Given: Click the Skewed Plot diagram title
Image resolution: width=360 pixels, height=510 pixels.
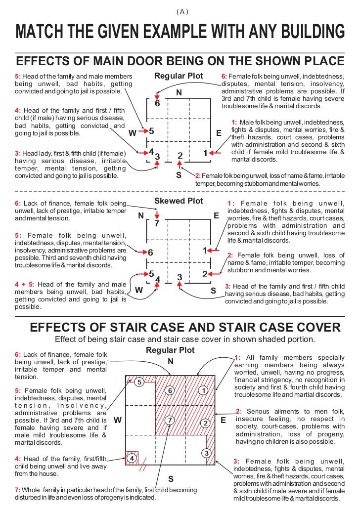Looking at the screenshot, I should [x=179, y=201].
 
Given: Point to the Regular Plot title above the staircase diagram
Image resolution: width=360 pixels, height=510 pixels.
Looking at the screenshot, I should [x=170, y=350].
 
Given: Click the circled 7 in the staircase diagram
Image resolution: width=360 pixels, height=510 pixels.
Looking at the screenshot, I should [x=170, y=421].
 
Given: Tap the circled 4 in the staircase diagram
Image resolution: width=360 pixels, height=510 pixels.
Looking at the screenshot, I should [x=132, y=458].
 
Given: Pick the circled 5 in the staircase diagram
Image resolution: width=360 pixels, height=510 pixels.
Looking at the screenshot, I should [x=139, y=382].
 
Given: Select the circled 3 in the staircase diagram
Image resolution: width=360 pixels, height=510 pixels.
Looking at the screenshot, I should [x=207, y=453].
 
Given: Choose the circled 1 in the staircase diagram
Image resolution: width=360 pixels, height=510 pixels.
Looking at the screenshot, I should [x=203, y=390].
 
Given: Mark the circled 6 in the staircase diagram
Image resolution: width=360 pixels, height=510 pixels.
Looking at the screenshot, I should [x=170, y=390].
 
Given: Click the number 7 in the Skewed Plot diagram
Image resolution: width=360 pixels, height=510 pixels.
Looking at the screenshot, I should [x=157, y=223].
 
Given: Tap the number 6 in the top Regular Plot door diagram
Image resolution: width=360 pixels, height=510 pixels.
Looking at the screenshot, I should [x=157, y=104].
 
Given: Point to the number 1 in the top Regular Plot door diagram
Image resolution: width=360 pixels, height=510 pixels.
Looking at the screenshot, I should [x=205, y=154].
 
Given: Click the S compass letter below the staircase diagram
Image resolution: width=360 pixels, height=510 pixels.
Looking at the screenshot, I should [x=171, y=479].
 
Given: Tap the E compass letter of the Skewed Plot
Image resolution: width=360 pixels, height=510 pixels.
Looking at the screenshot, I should [x=216, y=216].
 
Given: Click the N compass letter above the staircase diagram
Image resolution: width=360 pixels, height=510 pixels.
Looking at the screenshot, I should [x=171, y=361].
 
